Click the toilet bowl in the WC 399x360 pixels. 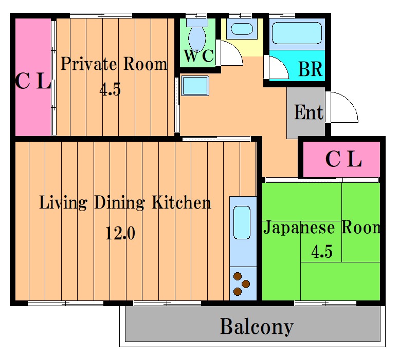coord(197,38)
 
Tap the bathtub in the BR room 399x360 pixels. coord(297,33)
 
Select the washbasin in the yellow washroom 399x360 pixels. coord(242,29)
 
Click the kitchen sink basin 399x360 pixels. coord(242,223)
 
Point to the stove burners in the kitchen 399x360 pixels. coord(241,283)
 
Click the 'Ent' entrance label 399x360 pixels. coord(309,112)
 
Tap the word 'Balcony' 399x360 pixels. coord(257,327)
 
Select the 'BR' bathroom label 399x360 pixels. coord(311,69)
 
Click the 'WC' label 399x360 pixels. coord(199,55)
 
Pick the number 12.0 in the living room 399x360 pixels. coord(120,233)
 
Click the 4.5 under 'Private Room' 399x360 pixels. coord(110,89)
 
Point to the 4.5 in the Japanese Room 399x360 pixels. coord(322,252)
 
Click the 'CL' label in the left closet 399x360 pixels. coord(33,81)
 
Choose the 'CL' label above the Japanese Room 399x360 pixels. coord(343,159)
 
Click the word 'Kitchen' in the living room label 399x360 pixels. coord(182,203)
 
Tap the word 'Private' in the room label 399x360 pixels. coord(89,64)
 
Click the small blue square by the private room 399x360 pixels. coord(195,86)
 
